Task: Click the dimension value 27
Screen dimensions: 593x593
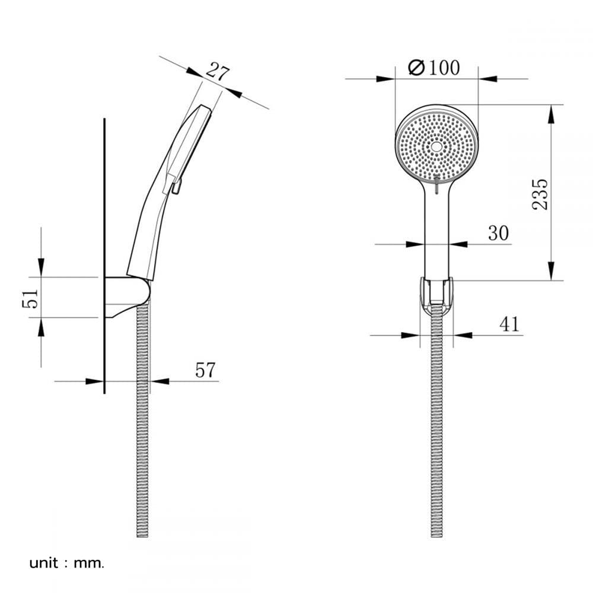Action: [218, 72]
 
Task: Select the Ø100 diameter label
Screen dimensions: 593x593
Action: [434, 68]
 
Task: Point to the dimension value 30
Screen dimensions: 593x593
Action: [499, 233]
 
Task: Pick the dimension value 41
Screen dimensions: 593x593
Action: [509, 324]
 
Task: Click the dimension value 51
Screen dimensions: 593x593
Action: [30, 298]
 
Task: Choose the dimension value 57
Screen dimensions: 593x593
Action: [205, 370]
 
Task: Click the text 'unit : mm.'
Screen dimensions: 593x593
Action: [66, 563]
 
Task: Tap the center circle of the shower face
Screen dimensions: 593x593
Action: [437, 146]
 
